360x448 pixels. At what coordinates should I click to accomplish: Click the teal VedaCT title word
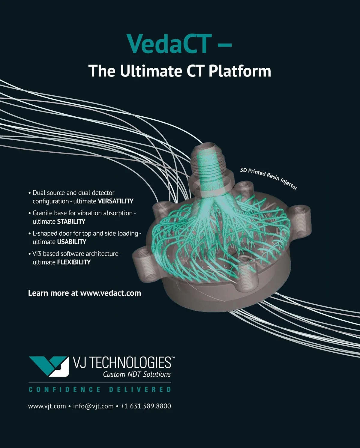pos(169,43)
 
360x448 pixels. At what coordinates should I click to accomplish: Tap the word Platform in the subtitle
pos(240,71)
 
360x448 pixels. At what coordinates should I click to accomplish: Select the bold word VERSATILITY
pos(115,201)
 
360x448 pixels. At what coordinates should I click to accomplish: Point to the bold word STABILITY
pos(71,222)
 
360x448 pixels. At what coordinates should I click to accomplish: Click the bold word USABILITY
pos(72,242)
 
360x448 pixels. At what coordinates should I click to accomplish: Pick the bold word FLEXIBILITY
pos(74,262)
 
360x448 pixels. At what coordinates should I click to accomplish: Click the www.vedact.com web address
pos(111,293)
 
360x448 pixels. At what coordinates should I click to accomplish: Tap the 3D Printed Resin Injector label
pos(269,178)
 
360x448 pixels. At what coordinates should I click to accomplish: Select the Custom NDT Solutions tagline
pos(137,375)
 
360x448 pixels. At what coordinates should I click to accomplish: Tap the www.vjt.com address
pos(47,406)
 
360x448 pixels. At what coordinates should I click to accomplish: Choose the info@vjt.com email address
pos(93,406)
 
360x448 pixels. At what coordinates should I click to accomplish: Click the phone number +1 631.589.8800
pos(146,406)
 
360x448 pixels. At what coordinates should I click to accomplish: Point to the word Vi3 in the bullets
pos(37,254)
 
